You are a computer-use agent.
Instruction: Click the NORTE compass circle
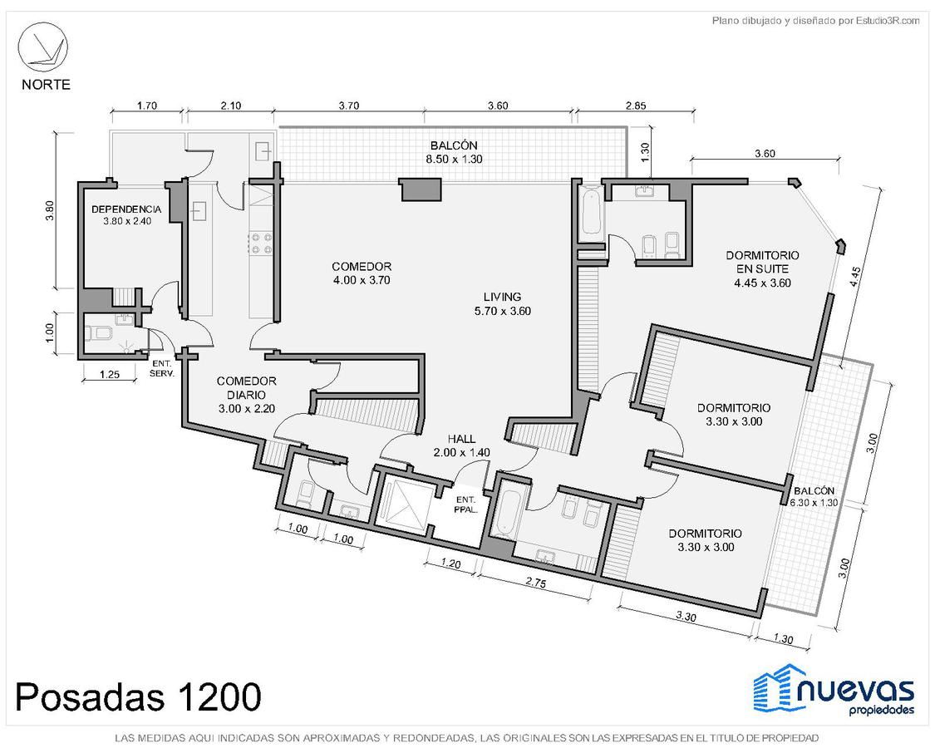pyautogui.click(x=42, y=47)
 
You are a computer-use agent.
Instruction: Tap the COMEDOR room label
pyautogui.click(x=362, y=267)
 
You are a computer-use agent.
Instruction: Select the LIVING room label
pyautogui.click(x=502, y=297)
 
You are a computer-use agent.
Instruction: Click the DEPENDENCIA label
pyautogui.click(x=126, y=209)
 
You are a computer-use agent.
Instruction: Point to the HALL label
pyautogui.click(x=461, y=440)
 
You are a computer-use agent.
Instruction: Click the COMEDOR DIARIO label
pyautogui.click(x=246, y=388)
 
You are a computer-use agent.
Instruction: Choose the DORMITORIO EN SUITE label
pyautogui.click(x=762, y=262)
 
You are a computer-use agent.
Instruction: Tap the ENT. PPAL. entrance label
pyautogui.click(x=465, y=504)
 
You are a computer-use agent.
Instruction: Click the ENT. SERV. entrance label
pyautogui.click(x=161, y=369)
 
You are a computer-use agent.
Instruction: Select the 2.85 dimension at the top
pyautogui.click(x=636, y=106)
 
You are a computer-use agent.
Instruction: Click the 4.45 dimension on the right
pyautogui.click(x=855, y=278)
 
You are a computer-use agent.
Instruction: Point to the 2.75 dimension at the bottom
pyautogui.click(x=536, y=583)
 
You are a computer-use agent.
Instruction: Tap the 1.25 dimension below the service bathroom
pyautogui.click(x=110, y=375)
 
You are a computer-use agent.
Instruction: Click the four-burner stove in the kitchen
pyautogui.click(x=261, y=243)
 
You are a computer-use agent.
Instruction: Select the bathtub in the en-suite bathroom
pyautogui.click(x=590, y=211)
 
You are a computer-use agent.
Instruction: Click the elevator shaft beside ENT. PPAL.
pyautogui.click(x=405, y=502)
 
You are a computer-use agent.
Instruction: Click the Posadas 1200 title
pyautogui.click(x=138, y=696)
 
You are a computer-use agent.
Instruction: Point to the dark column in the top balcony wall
pyautogui.click(x=421, y=190)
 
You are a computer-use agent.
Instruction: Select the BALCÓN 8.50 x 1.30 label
pyautogui.click(x=454, y=152)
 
